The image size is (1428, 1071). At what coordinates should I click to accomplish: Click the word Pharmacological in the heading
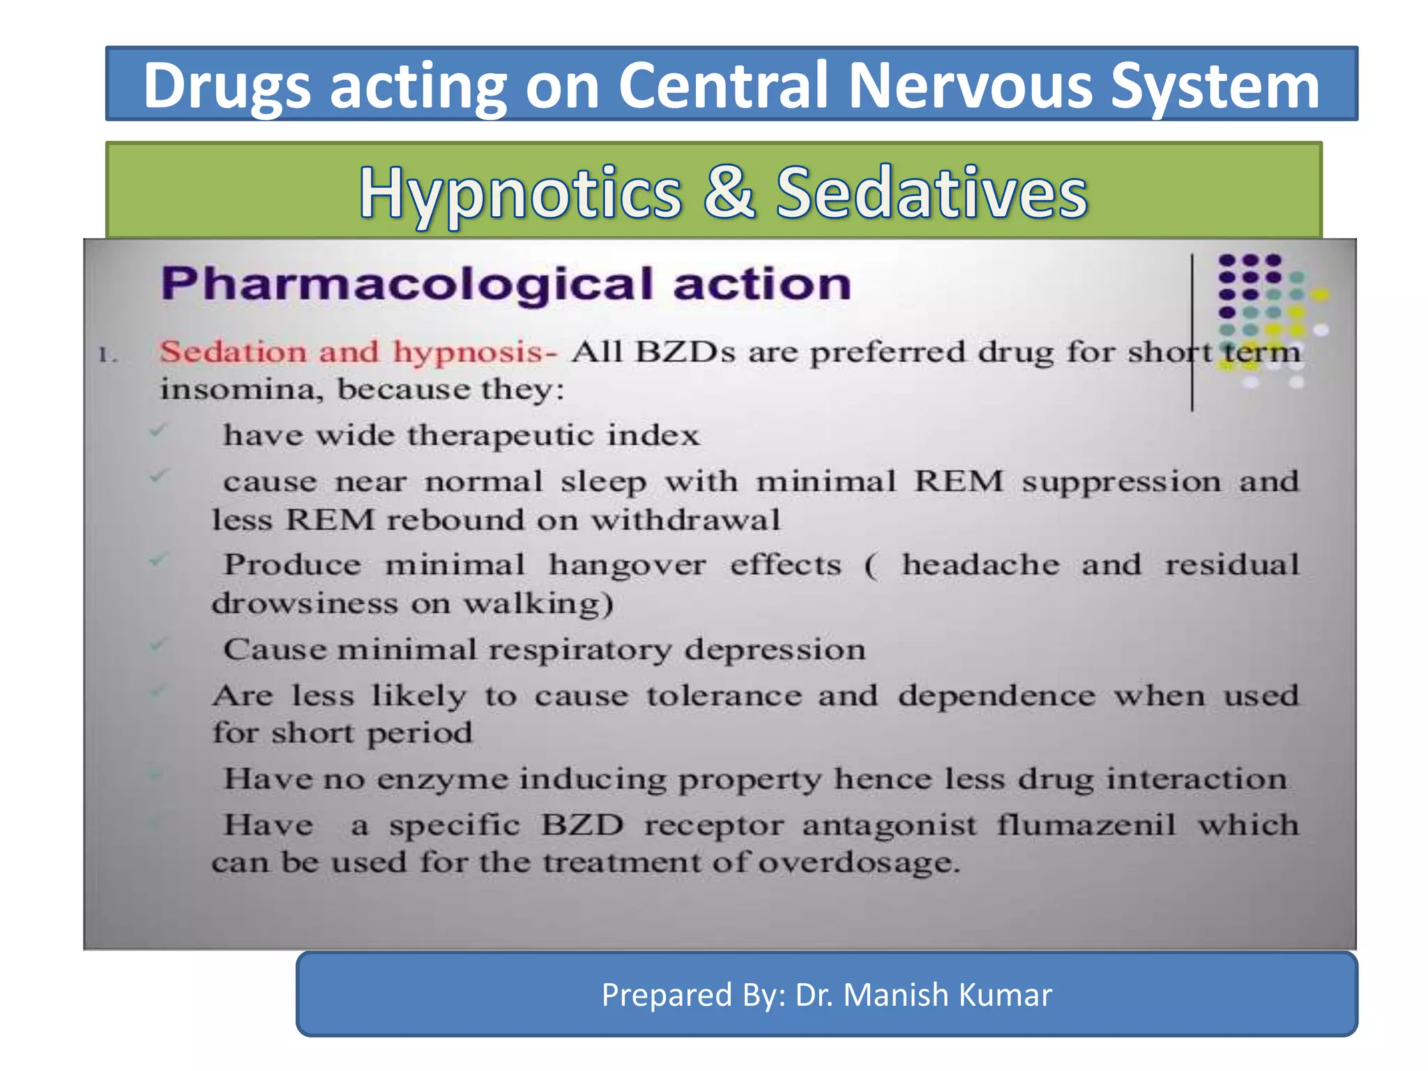[407, 284]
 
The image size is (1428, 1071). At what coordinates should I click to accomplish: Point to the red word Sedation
[233, 352]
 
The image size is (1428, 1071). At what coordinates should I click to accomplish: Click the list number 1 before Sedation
[106, 355]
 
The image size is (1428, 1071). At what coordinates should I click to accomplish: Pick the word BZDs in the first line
[684, 352]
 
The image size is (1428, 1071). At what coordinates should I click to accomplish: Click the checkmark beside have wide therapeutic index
[158, 431]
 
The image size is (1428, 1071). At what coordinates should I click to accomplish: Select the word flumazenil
[1085, 826]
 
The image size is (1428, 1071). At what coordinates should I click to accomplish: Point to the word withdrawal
[685, 520]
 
